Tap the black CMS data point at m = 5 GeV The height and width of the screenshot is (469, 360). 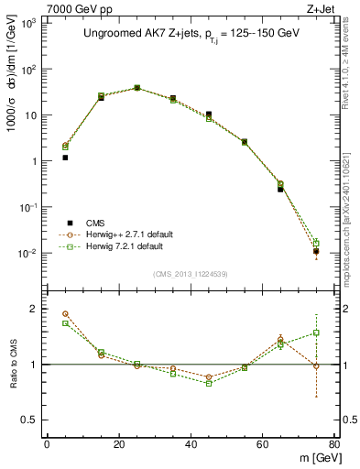point(65,158)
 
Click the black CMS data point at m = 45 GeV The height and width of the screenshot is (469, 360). point(209,115)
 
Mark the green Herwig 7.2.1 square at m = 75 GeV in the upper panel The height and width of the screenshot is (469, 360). point(316,243)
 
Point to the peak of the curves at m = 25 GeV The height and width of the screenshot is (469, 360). point(137,88)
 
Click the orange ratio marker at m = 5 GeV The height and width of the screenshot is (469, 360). point(65,314)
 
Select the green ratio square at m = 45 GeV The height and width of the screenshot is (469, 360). point(209,383)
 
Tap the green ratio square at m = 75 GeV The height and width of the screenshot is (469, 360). point(316,333)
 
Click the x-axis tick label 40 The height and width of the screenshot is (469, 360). point(191,443)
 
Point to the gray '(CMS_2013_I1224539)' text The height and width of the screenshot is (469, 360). point(191,274)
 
